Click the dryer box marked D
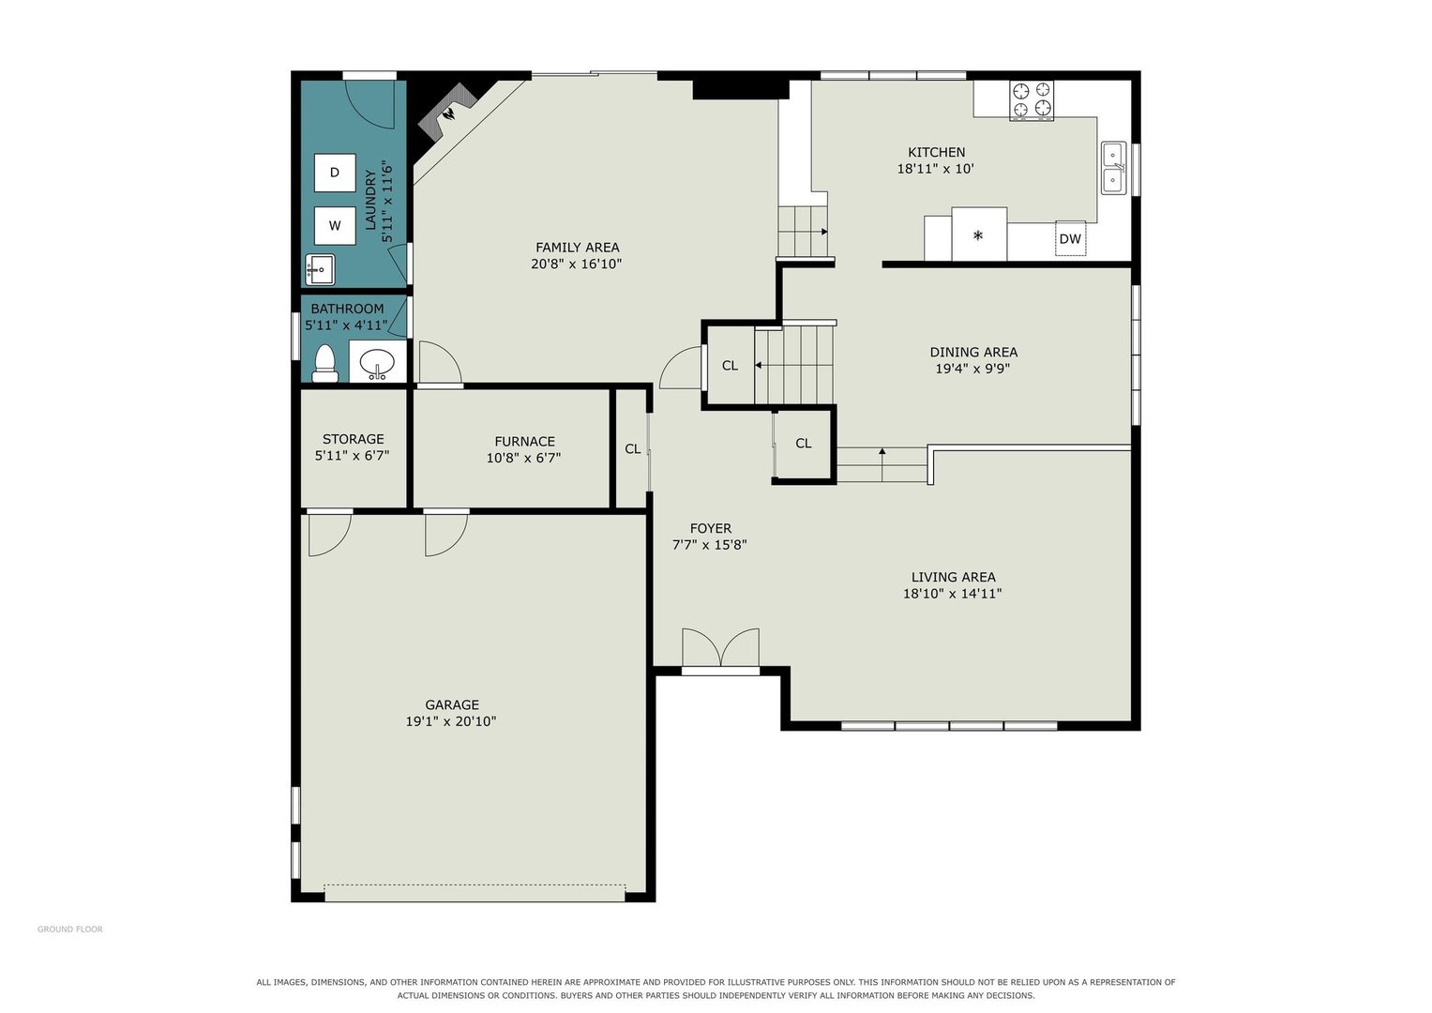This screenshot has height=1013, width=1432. [x=335, y=172]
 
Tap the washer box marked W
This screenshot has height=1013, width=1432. [x=335, y=225]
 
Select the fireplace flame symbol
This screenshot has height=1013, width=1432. [x=450, y=113]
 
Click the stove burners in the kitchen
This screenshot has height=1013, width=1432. [x=1032, y=100]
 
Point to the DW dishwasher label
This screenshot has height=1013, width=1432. [x=1069, y=239]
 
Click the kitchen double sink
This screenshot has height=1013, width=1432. [x=1114, y=168]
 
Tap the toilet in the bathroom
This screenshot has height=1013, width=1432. [x=324, y=364]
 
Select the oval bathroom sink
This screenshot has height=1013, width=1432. [x=377, y=363]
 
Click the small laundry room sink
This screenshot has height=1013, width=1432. [x=320, y=269]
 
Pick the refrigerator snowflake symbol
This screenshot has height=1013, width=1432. [x=977, y=235]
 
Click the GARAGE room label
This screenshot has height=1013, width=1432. [x=452, y=704]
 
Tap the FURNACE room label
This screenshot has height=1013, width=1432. [x=524, y=441]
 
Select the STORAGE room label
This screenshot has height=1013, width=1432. [x=353, y=439]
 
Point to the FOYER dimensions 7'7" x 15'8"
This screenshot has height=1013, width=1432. [x=710, y=545]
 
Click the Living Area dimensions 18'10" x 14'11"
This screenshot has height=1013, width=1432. [x=952, y=594]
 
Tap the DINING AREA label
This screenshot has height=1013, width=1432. [x=973, y=352]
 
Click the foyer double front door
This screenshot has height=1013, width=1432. [x=720, y=648]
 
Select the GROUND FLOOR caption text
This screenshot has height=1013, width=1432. [x=69, y=930]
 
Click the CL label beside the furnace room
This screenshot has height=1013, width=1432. [x=632, y=449]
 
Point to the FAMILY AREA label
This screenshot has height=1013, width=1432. [x=578, y=247]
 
